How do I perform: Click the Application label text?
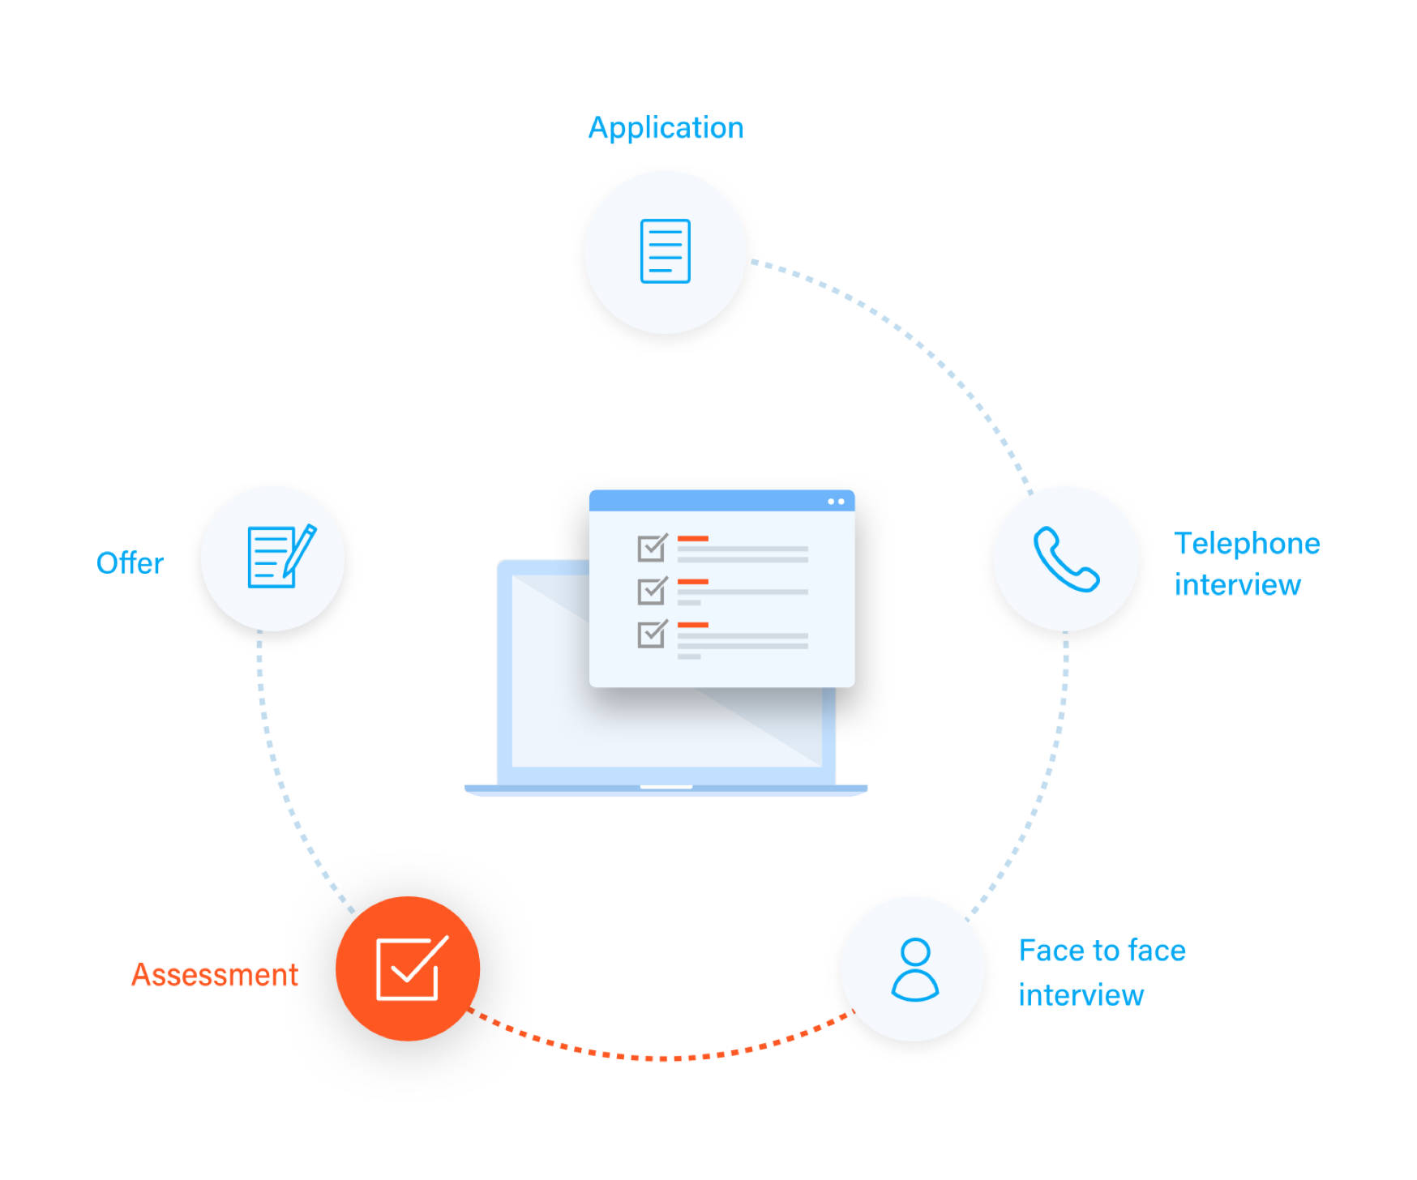tap(665, 128)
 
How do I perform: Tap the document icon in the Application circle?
tap(665, 251)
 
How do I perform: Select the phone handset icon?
tap(1066, 559)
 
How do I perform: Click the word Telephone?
tap(1246, 544)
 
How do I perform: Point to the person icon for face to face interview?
tap(914, 969)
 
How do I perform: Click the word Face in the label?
tap(1051, 951)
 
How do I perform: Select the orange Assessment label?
tap(215, 975)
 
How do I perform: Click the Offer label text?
tap(130, 563)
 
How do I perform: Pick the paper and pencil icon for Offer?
tap(278, 557)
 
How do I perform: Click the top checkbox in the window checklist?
tap(652, 548)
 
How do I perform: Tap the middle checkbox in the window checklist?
tap(652, 591)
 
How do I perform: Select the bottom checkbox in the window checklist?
tap(652, 634)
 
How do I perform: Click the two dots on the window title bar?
tap(836, 502)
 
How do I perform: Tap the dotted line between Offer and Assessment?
tap(280, 778)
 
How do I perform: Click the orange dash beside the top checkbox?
tap(692, 538)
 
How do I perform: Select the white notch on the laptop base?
tap(666, 787)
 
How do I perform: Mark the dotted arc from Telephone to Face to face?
tap(1046, 778)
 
